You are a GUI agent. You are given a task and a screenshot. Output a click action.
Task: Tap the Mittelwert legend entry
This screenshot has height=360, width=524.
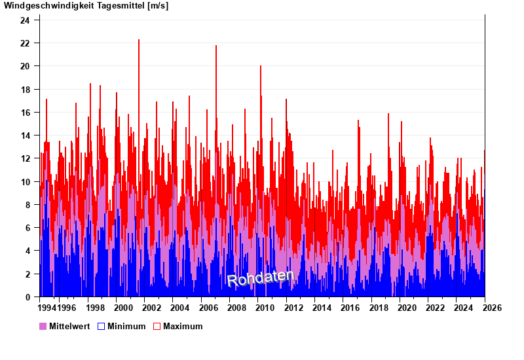click(69, 326)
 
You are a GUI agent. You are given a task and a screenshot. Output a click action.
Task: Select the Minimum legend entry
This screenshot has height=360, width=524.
click(126, 326)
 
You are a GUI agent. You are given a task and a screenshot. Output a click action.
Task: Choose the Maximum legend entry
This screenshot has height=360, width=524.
click(183, 326)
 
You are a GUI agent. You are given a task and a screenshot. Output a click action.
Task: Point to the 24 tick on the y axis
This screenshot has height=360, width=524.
click(25, 20)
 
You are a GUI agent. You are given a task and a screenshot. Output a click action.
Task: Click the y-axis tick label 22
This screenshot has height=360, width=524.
click(25, 43)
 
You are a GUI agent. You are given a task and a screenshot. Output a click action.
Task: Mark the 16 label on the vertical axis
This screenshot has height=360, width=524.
click(25, 113)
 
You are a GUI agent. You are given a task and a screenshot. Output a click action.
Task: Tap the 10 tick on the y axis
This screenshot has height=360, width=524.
click(25, 182)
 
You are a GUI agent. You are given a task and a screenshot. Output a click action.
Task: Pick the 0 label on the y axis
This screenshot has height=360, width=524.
click(28, 297)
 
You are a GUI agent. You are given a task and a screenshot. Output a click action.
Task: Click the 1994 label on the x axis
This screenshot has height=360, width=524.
click(48, 308)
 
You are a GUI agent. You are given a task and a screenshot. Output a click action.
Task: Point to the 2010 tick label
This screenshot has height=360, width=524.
click(265, 308)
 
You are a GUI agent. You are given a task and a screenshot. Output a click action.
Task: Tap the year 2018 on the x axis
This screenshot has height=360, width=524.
click(379, 308)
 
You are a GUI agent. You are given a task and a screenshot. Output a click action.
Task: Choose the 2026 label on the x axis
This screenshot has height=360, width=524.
click(493, 308)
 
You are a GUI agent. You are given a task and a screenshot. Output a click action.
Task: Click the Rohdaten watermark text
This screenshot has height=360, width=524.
click(260, 278)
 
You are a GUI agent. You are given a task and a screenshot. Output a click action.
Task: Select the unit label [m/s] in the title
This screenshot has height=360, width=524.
click(159, 6)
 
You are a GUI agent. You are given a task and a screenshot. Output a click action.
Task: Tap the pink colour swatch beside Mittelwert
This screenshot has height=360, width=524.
click(43, 326)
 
